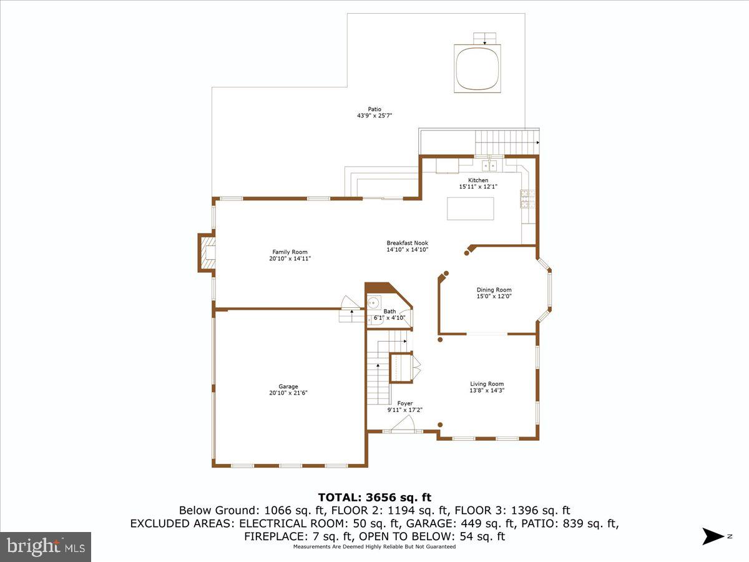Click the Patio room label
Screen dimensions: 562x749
tap(374, 109)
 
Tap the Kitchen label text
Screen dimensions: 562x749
tap(478, 180)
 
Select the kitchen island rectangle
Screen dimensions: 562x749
tap(470, 208)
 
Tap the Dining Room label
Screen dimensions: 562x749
tap(494, 290)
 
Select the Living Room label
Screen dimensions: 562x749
tap(487, 384)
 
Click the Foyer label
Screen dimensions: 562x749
tap(404, 403)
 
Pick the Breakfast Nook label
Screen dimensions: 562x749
tap(407, 243)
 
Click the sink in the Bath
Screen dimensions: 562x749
tap(374, 303)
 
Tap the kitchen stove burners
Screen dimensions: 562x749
tap(524, 199)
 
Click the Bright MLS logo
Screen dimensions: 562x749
tap(46, 546)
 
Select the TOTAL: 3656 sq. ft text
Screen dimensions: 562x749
tap(374, 498)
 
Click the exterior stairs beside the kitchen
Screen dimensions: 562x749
tap(506, 142)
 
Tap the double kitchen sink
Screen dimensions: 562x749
tap(491, 165)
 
